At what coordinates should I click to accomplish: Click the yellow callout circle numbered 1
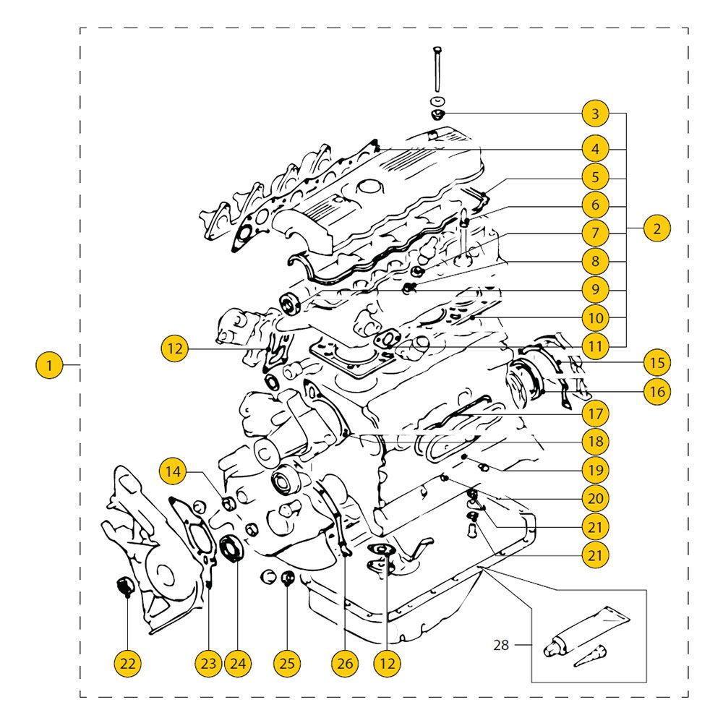point(49,365)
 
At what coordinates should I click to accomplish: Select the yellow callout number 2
point(656,229)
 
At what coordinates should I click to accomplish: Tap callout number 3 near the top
point(595,114)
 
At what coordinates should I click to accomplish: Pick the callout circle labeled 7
point(595,234)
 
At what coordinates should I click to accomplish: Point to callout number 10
point(595,317)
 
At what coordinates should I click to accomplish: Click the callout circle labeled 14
point(173,471)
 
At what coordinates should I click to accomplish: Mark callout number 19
point(595,469)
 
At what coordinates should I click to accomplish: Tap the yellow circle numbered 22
point(127,662)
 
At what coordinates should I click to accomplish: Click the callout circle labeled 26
point(344,662)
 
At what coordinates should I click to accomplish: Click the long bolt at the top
point(437,69)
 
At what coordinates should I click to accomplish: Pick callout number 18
point(595,441)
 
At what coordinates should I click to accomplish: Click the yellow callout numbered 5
point(595,176)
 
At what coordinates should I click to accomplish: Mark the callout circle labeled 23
point(208,662)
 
